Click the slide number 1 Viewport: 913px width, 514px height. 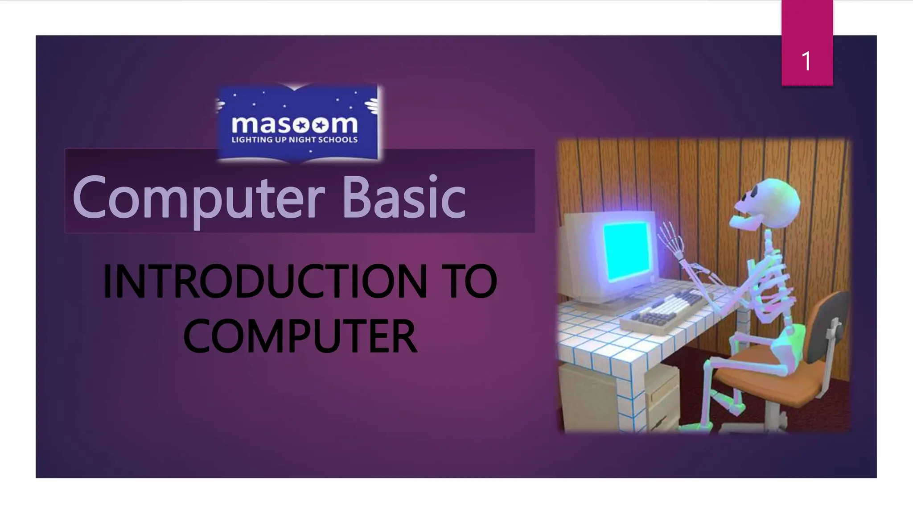point(806,61)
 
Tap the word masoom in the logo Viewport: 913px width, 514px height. point(294,124)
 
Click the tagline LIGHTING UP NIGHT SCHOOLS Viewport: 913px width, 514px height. point(294,140)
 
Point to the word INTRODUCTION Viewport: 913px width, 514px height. point(265,282)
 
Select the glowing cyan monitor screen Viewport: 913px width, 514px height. point(626,250)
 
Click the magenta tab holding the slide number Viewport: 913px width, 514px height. point(807,27)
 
